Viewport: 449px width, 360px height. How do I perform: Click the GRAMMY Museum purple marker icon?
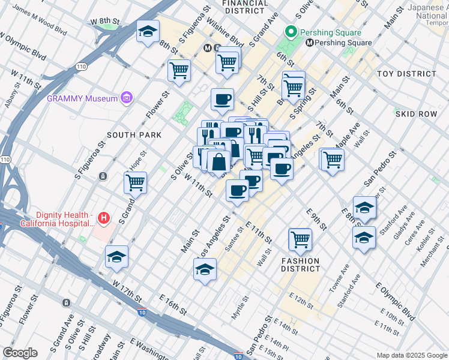[x=126, y=97]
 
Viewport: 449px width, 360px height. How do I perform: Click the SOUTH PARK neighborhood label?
[x=134, y=135]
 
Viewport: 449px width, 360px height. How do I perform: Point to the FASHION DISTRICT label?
[x=301, y=265]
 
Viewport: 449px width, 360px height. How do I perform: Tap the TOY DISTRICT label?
[x=406, y=74]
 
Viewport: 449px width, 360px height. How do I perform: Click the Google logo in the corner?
[x=20, y=353]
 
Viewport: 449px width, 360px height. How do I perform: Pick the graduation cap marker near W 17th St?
[x=116, y=257]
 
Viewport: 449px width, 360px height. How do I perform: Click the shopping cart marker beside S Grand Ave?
[x=136, y=182]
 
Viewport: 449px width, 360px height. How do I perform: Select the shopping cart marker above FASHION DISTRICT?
[x=300, y=239]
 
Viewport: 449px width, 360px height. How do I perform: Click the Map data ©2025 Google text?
[x=411, y=355]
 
